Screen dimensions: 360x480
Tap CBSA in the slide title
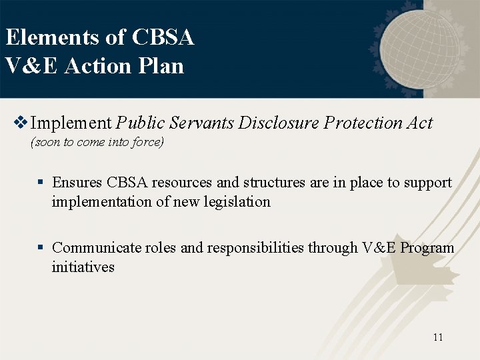163,37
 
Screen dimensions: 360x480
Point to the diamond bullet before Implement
21,123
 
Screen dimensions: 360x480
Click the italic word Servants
202,123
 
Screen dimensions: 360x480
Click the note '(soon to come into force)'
97,142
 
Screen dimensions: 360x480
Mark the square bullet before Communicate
41,248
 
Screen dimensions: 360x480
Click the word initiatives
83,267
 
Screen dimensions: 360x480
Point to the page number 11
437,337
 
